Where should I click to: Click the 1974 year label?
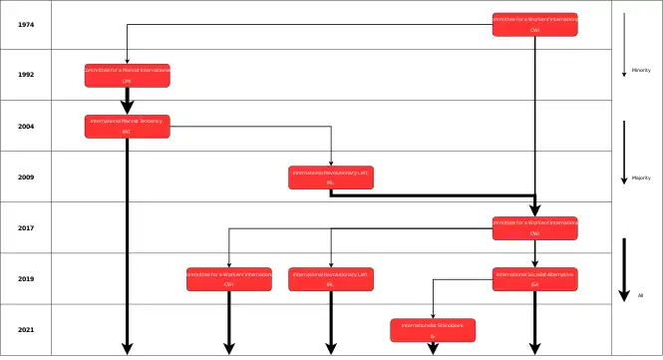pyautogui.click(x=26, y=24)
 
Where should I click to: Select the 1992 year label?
pyautogui.click(x=26, y=75)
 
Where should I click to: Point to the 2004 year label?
pyautogui.click(x=26, y=127)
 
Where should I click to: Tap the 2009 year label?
pyautogui.click(x=26, y=178)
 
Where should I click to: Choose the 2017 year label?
pyautogui.click(x=26, y=228)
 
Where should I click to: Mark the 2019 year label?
pyautogui.click(x=26, y=279)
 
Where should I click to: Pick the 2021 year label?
pyautogui.click(x=26, y=330)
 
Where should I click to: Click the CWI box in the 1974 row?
pyautogui.click(x=534, y=24)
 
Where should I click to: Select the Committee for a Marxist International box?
pyautogui.click(x=127, y=75)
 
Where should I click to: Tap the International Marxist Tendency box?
pyautogui.click(x=127, y=127)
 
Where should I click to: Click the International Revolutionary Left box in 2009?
pyautogui.click(x=331, y=178)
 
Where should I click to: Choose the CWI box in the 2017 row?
pyautogui.click(x=534, y=228)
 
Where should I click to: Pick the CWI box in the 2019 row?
pyautogui.click(x=229, y=279)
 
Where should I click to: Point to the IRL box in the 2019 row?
pyautogui.click(x=331, y=279)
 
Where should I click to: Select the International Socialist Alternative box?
pyautogui.click(x=534, y=279)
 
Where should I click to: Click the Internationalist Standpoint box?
pyautogui.click(x=433, y=330)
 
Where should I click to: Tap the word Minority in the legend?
pyautogui.click(x=641, y=70)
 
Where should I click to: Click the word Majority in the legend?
pyautogui.click(x=641, y=178)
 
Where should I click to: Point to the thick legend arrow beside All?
pyautogui.click(x=624, y=269)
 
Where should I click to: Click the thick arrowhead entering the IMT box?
pyautogui.click(x=127, y=108)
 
